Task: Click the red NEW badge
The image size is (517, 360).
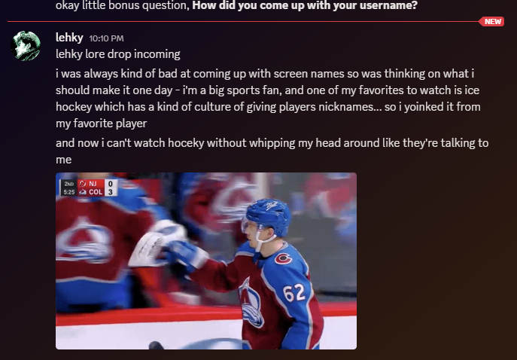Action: click(491, 21)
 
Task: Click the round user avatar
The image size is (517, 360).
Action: click(26, 46)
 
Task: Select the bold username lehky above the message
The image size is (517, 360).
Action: click(69, 38)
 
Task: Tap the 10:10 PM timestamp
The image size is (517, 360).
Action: click(106, 38)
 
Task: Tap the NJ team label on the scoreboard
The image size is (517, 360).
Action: click(93, 184)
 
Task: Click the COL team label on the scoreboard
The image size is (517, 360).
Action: click(96, 192)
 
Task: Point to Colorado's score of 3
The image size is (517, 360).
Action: click(111, 192)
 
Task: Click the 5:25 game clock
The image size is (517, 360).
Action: click(69, 192)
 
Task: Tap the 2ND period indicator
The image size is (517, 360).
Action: click(69, 184)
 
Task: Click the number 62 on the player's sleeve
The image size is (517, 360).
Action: click(293, 293)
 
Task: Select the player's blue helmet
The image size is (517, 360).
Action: click(269, 215)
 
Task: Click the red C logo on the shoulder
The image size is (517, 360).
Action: click(283, 258)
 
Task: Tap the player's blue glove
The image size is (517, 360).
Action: click(184, 255)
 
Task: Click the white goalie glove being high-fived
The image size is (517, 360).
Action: click(155, 243)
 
